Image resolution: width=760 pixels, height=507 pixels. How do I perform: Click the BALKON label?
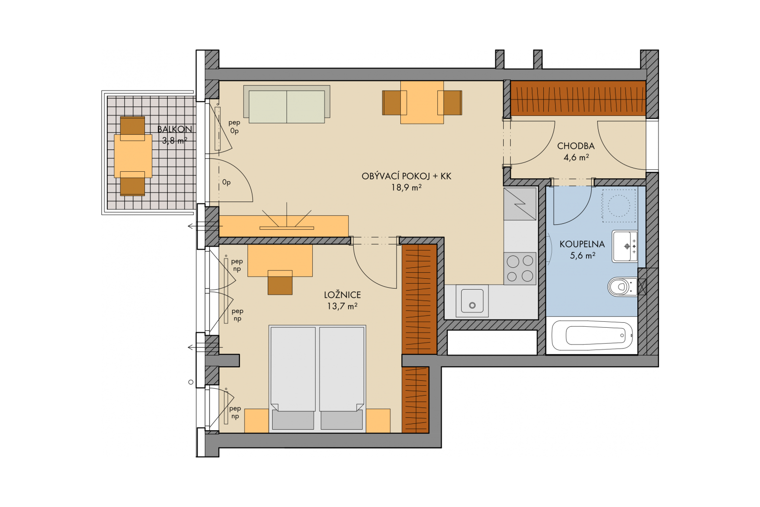click(x=175, y=129)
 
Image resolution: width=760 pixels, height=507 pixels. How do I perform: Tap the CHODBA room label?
click(x=576, y=146)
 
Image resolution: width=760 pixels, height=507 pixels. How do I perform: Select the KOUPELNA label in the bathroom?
click(x=582, y=244)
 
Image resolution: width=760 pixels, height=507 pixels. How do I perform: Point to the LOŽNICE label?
click(x=342, y=295)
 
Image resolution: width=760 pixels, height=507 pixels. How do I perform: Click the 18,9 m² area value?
click(x=406, y=187)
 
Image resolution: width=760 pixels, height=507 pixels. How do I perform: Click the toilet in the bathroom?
click(x=622, y=287)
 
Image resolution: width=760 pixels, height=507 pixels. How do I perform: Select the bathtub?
click(x=592, y=336)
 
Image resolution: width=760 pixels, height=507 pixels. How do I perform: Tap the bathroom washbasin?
click(x=624, y=246)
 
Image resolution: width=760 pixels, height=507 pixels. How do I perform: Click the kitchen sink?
click(x=472, y=301)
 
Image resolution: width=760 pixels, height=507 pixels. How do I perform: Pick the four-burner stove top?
click(x=520, y=268)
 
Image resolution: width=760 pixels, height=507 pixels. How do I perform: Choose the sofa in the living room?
click(x=286, y=104)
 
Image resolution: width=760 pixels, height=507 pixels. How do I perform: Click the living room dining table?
click(x=422, y=102)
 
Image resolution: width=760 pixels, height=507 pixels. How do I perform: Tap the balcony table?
click(x=133, y=156)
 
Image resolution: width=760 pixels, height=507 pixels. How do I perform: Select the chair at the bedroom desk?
click(x=280, y=283)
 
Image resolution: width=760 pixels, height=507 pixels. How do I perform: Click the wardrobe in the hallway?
click(x=578, y=98)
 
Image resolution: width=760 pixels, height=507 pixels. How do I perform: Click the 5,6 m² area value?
click(x=582, y=255)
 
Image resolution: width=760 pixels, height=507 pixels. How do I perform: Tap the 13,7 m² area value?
click(x=342, y=306)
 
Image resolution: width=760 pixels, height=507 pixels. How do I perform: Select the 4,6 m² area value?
click(x=576, y=157)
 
